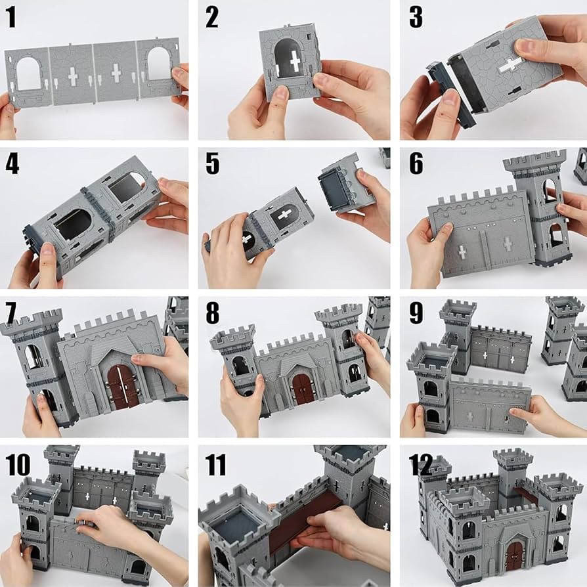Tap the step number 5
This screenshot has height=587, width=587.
pos(212,163)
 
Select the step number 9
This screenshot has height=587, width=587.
pos(416,313)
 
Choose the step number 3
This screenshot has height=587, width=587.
pos(416,18)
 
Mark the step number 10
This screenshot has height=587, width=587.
pos(18,464)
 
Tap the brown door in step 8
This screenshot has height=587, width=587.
pos(303,389)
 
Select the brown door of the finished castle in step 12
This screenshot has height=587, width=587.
pos(514,555)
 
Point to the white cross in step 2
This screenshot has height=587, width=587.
pos(295,63)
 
